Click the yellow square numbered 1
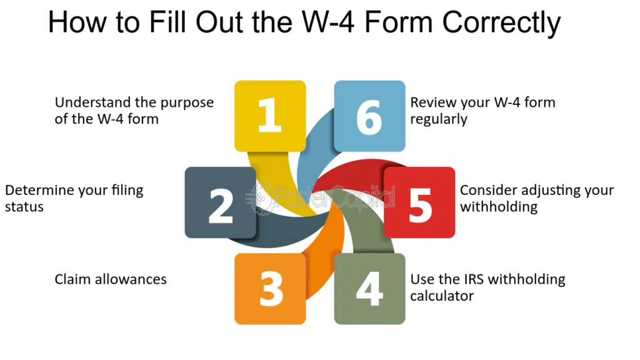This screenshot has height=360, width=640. point(270,116)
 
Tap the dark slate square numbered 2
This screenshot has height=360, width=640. point(221,202)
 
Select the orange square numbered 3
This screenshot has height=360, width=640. point(270,289)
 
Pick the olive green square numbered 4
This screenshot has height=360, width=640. point(370,289)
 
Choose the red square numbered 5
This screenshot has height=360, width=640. point(419,202)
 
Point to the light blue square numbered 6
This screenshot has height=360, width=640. point(370,116)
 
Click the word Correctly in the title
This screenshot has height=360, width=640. point(502,23)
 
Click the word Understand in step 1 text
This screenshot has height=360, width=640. point(84,102)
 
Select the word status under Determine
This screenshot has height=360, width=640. point(24,207)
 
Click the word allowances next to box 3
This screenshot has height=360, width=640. point(130,279)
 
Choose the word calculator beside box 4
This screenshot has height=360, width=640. point(442,296)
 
